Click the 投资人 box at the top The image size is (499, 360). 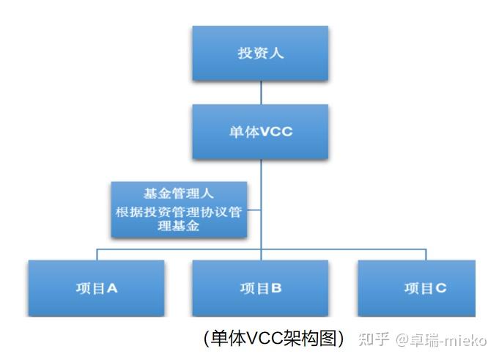[260, 53]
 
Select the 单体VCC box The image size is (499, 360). [260, 132]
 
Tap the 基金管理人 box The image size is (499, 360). [179, 210]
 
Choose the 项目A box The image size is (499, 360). [95, 288]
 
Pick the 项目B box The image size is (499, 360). [260, 288]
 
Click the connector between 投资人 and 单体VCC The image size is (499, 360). [261, 92]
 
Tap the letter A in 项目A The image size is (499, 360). [112, 288]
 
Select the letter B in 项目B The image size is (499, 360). [276, 288]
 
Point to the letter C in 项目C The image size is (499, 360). [441, 288]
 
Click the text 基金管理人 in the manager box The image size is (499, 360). [179, 194]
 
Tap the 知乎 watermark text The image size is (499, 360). [373, 339]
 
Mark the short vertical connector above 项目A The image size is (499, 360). [97, 254]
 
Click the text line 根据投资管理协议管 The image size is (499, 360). [179, 212]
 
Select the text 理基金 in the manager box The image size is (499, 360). [179, 227]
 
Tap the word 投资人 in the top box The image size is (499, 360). [260, 53]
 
